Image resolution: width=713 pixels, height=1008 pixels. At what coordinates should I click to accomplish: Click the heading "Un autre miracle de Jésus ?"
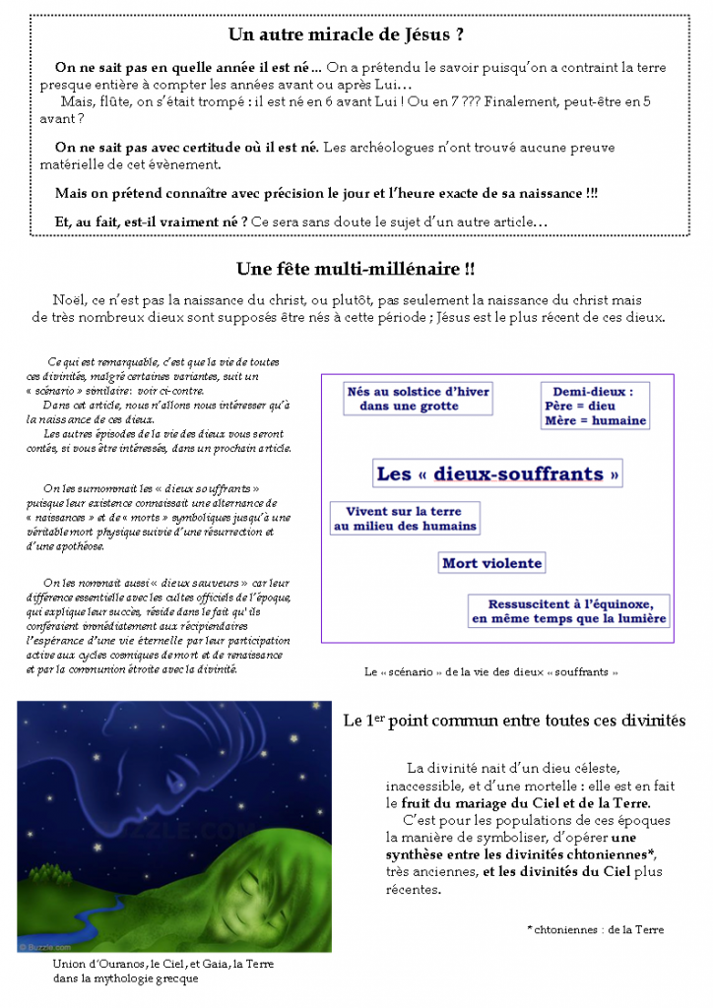(346, 35)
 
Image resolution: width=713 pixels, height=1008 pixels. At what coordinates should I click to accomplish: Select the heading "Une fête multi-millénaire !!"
(356, 269)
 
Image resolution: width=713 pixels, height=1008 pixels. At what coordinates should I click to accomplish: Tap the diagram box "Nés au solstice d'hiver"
(418, 398)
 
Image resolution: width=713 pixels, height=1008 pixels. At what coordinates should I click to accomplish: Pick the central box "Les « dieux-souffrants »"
(498, 473)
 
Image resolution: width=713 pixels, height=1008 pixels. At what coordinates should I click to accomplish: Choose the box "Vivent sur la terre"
(404, 518)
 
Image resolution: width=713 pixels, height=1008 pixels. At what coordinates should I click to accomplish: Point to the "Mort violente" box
(491, 563)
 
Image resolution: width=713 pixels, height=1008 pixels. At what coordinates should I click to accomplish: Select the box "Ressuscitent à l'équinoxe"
(569, 610)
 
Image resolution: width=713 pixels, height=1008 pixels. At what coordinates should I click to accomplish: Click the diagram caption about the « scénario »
(490, 672)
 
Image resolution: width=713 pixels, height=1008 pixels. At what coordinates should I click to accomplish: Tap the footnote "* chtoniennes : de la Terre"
(595, 928)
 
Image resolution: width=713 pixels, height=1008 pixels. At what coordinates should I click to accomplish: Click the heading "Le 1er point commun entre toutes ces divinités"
(513, 721)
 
